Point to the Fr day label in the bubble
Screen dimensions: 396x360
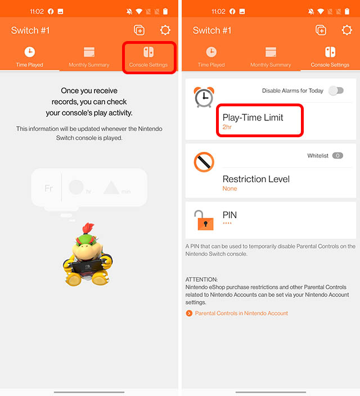49,188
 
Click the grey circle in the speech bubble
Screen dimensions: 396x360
76,187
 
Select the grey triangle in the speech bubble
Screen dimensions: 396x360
111,187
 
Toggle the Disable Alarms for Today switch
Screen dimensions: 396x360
336,91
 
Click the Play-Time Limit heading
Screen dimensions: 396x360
253,118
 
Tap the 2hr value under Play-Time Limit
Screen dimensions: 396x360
227,128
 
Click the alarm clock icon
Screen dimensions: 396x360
204,97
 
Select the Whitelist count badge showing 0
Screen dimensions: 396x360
337,156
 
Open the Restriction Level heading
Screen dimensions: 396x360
256,179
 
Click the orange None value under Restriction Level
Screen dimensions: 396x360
229,189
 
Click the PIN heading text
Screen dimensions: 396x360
230,214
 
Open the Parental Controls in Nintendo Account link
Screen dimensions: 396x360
241,313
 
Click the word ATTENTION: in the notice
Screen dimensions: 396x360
201,279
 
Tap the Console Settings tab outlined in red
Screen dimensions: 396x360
148,57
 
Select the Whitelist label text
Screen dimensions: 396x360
318,156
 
